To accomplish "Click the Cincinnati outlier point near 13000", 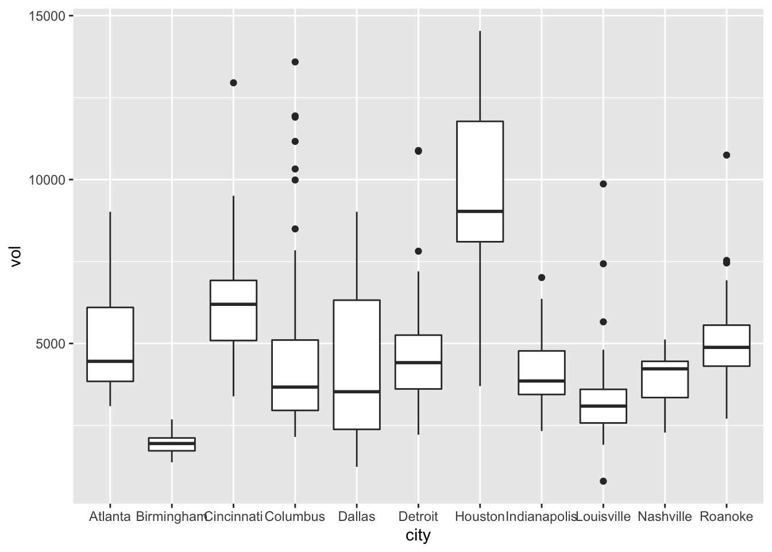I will coord(233,83).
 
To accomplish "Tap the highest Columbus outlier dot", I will coord(295,62).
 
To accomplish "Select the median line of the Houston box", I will coord(480,212).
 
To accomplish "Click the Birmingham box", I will coord(172,444).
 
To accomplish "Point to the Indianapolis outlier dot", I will coord(541,278).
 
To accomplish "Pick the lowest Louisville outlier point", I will coord(603,481).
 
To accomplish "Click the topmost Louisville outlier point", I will coord(603,184).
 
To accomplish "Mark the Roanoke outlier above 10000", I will coord(727,155).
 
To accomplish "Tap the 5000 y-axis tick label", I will coord(51,344).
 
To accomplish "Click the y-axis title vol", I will coord(16,256).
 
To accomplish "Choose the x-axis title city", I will coord(418,536).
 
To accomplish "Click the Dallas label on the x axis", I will coord(357,516).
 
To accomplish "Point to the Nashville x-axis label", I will coord(665,516).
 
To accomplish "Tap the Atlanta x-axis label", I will coord(110,516).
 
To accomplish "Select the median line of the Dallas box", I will coord(357,392).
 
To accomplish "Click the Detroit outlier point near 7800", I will coord(418,251).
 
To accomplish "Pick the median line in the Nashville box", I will coord(665,369).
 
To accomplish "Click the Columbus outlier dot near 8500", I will coord(295,229).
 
